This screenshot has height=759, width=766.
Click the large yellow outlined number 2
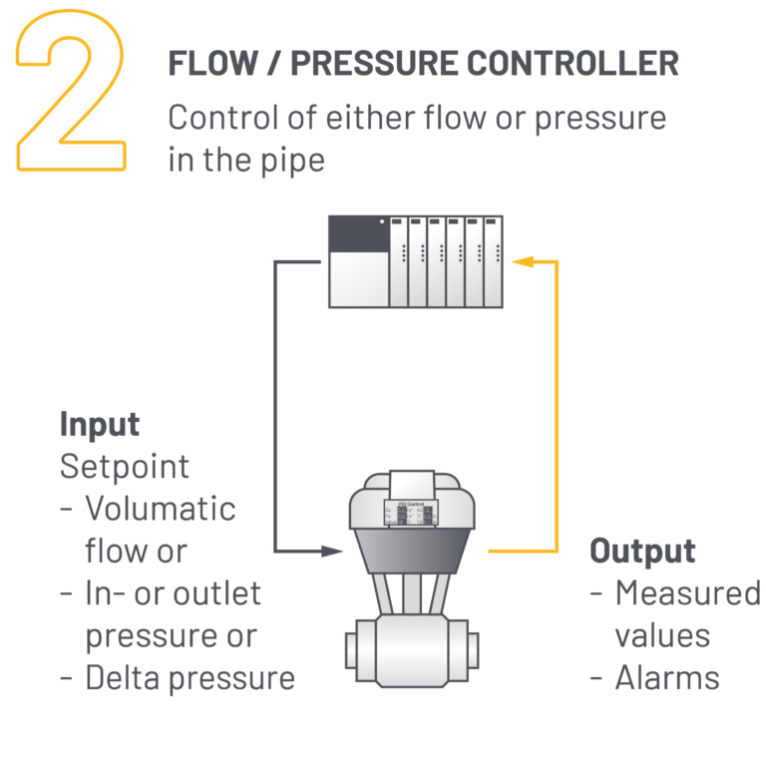70,95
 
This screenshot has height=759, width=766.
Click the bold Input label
100,424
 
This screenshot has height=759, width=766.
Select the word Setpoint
124,466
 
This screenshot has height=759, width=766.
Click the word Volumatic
160,509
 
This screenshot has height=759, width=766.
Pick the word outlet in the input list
213,593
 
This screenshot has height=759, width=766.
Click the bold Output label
642,551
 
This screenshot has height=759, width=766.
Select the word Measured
686,593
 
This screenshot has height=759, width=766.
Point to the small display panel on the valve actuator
414,514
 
